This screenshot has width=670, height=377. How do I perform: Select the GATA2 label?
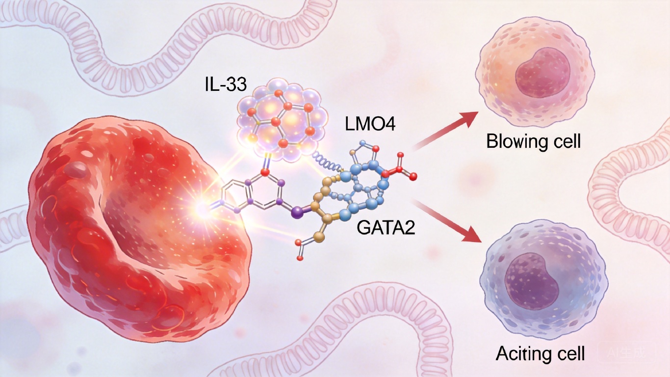click(x=385, y=228)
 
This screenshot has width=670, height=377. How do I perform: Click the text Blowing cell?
click(x=533, y=142)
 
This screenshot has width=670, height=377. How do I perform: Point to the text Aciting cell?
click(x=541, y=353)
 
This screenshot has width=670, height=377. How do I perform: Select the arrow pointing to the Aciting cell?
click(x=446, y=220)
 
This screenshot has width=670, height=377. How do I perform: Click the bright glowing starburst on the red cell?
click(x=202, y=209)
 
